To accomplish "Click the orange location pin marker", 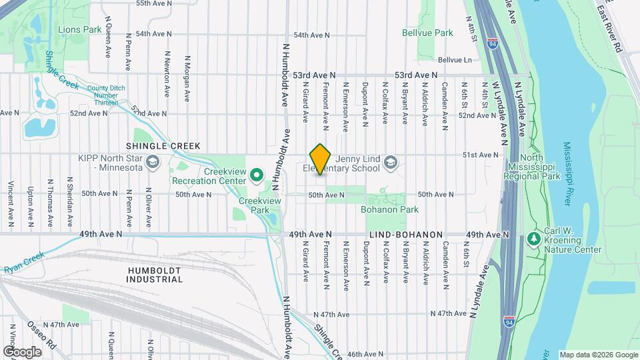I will click(320, 159).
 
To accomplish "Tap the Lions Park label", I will click(79, 29).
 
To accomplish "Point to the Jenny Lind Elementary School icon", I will click(391, 163).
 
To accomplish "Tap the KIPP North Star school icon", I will click(153, 163).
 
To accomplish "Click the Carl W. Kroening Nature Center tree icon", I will click(533, 238).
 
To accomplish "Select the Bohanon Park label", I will click(389, 209).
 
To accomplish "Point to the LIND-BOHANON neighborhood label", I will click(406, 235).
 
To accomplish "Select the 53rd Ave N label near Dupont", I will click(416, 75).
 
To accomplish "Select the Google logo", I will click(21, 351).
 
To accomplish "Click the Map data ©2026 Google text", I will click(597, 355).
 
